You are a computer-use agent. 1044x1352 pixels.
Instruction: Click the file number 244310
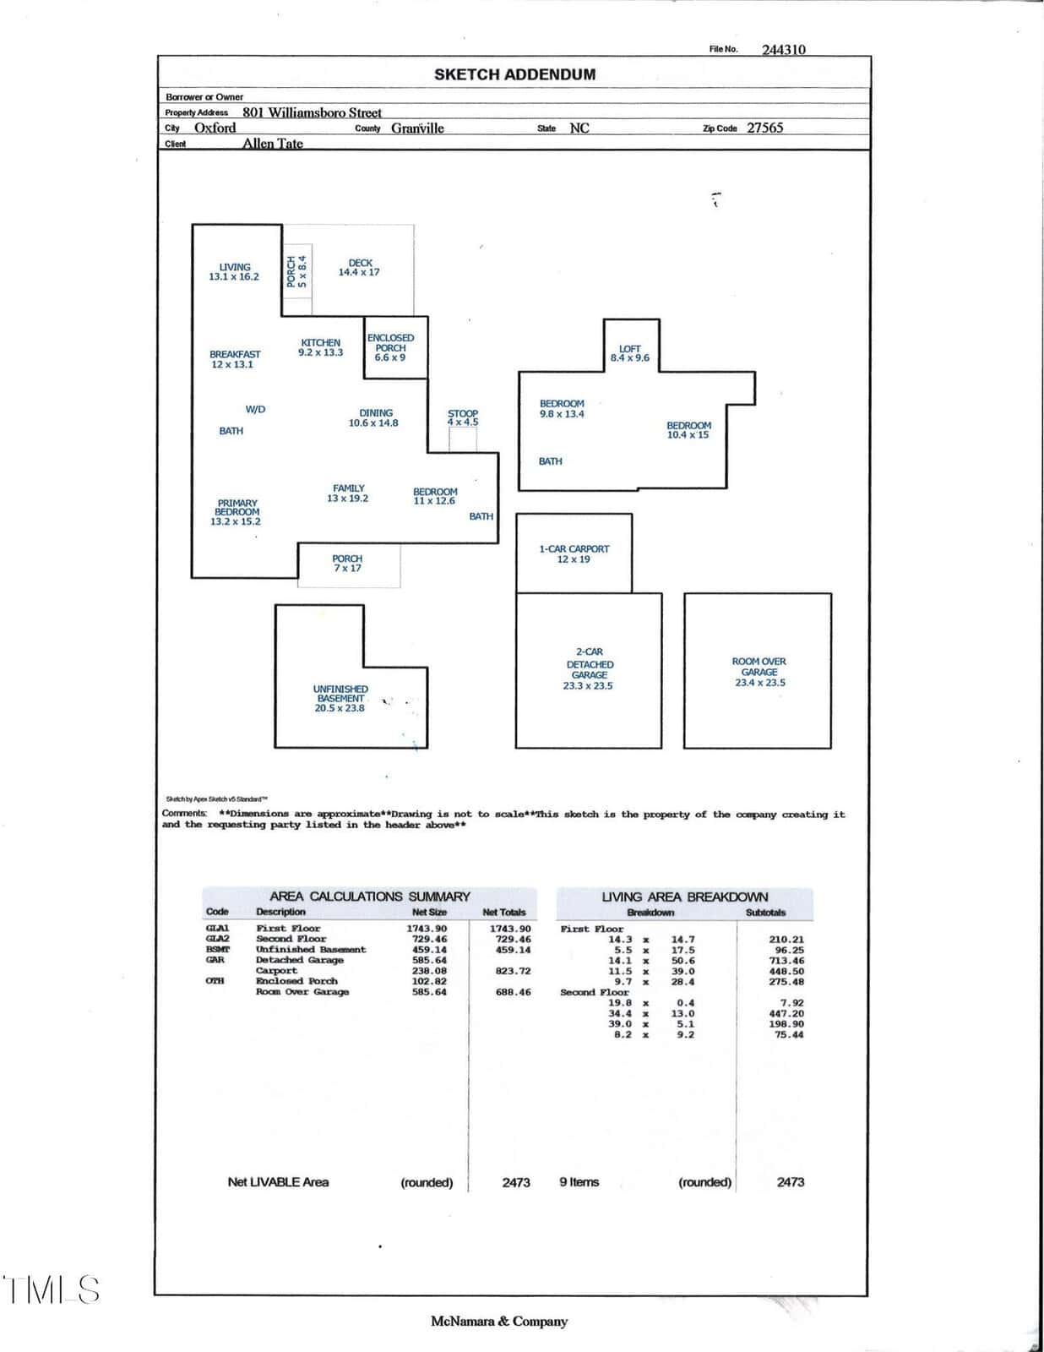[x=784, y=50]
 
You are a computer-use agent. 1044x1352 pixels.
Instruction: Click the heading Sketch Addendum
[x=515, y=74]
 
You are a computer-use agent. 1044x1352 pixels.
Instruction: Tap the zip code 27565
[x=764, y=128]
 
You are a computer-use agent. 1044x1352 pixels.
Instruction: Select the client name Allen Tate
[x=272, y=143]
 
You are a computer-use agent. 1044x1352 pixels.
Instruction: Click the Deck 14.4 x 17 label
[x=359, y=268]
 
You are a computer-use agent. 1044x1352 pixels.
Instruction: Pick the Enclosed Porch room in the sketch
[x=395, y=347]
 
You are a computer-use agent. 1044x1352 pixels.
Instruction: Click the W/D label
[x=256, y=409]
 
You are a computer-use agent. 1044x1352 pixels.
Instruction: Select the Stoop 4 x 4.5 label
[x=463, y=417]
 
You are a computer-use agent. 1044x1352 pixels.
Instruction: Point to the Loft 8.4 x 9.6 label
[x=630, y=353]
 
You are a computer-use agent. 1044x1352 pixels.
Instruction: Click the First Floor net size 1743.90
[x=427, y=929]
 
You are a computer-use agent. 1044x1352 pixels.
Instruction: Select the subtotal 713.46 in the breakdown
[x=786, y=961]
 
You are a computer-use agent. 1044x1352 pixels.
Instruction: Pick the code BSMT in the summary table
[x=218, y=950]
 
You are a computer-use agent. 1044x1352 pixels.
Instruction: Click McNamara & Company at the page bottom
[x=499, y=1322]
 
